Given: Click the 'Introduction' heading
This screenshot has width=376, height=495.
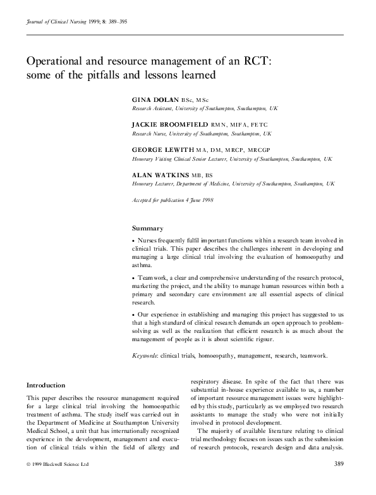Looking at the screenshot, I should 45,385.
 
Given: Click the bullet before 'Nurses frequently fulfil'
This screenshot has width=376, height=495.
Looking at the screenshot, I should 133,241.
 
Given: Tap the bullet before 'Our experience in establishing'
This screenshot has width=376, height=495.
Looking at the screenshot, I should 133,314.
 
